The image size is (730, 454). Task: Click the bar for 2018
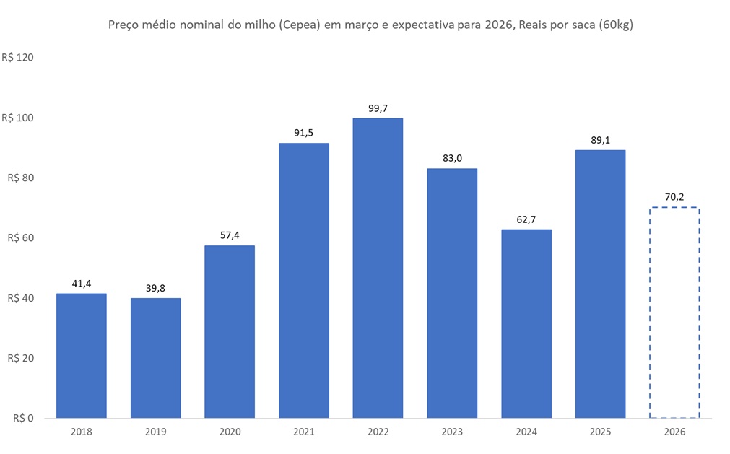pos(82,355)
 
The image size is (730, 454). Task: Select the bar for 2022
pos(378,268)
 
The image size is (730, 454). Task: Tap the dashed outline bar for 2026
pos(674,313)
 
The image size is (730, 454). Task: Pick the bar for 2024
pos(526,323)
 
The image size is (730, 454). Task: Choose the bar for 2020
pos(230,331)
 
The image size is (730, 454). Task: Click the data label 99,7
pos(378,108)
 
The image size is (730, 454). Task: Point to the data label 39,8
pos(156,288)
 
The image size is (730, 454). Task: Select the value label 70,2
pos(674,197)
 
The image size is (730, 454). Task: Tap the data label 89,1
pos(600,140)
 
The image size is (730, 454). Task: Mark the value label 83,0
pos(452,158)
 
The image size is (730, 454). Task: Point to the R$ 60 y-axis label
pos(22,238)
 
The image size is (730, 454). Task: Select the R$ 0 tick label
pos(25,419)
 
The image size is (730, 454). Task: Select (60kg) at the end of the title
pos(612,25)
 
